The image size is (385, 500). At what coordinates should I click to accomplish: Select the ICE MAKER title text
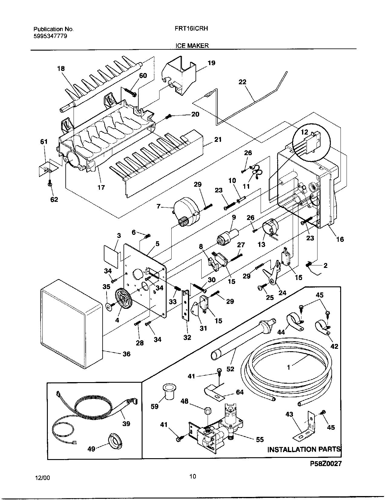point(192,46)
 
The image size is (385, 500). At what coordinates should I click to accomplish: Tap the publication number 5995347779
point(50,36)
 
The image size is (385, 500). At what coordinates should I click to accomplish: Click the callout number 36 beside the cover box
point(127,354)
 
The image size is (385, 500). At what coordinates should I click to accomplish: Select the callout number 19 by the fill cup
point(212,63)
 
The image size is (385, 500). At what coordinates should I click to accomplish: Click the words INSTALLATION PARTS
point(304,449)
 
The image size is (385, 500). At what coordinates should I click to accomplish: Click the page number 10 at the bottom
point(192,476)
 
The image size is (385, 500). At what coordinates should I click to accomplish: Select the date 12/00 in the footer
point(42,478)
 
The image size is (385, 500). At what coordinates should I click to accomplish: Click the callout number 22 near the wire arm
point(242,82)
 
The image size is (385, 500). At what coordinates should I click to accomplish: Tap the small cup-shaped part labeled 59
point(167,391)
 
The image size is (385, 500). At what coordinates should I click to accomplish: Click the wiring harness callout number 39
point(126,423)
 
